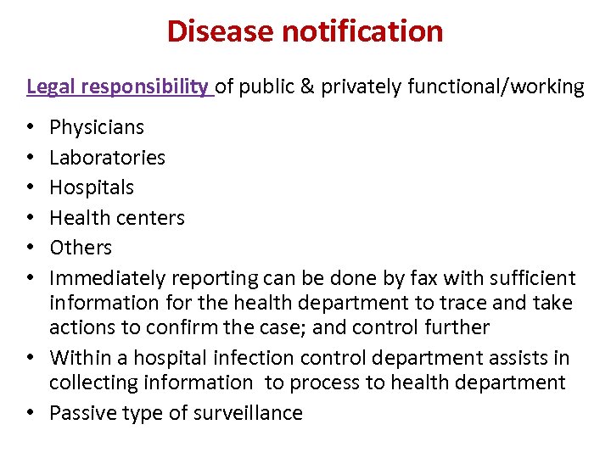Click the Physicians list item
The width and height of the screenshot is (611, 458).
click(x=97, y=128)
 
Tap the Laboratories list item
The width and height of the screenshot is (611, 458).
click(x=108, y=158)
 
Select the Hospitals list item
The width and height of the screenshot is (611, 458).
click(x=92, y=187)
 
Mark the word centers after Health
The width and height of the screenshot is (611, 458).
click(x=152, y=218)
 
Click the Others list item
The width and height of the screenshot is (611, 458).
click(x=81, y=248)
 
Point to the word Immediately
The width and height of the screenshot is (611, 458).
click(x=108, y=278)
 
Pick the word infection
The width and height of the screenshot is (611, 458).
click(x=236, y=358)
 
